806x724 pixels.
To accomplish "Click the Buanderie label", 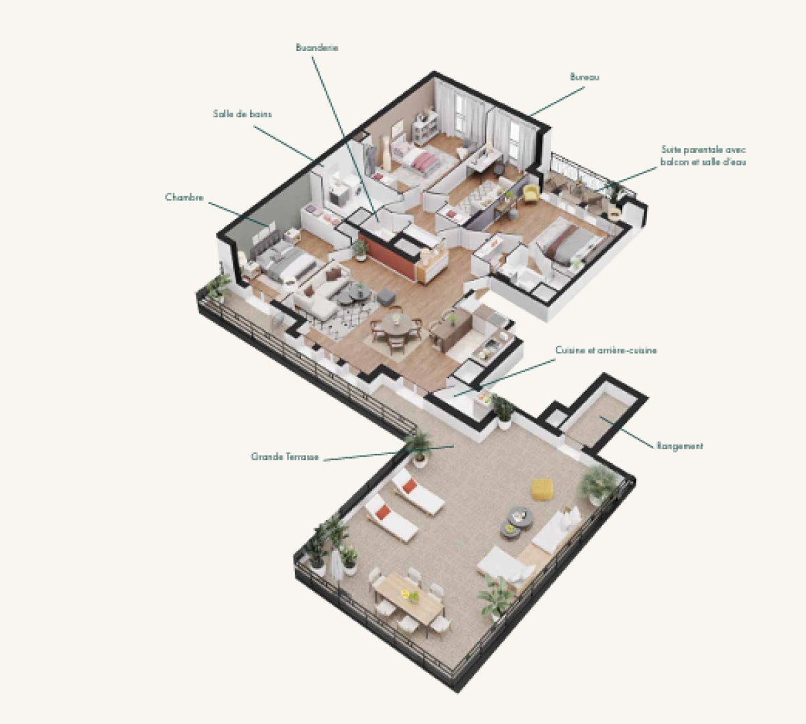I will pos(316,48).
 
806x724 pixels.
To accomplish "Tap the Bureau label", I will pos(584,77).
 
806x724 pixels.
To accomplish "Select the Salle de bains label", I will pos(242,114).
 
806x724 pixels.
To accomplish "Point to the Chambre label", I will pos(184,198).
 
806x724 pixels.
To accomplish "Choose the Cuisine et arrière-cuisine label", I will pos(606,350).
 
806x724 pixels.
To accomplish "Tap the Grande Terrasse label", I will pos(284,457).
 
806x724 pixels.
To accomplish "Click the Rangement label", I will pos(679,446).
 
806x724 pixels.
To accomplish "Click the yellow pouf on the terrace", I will pos(541,488).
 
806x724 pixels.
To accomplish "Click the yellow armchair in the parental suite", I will pos(530,193).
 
